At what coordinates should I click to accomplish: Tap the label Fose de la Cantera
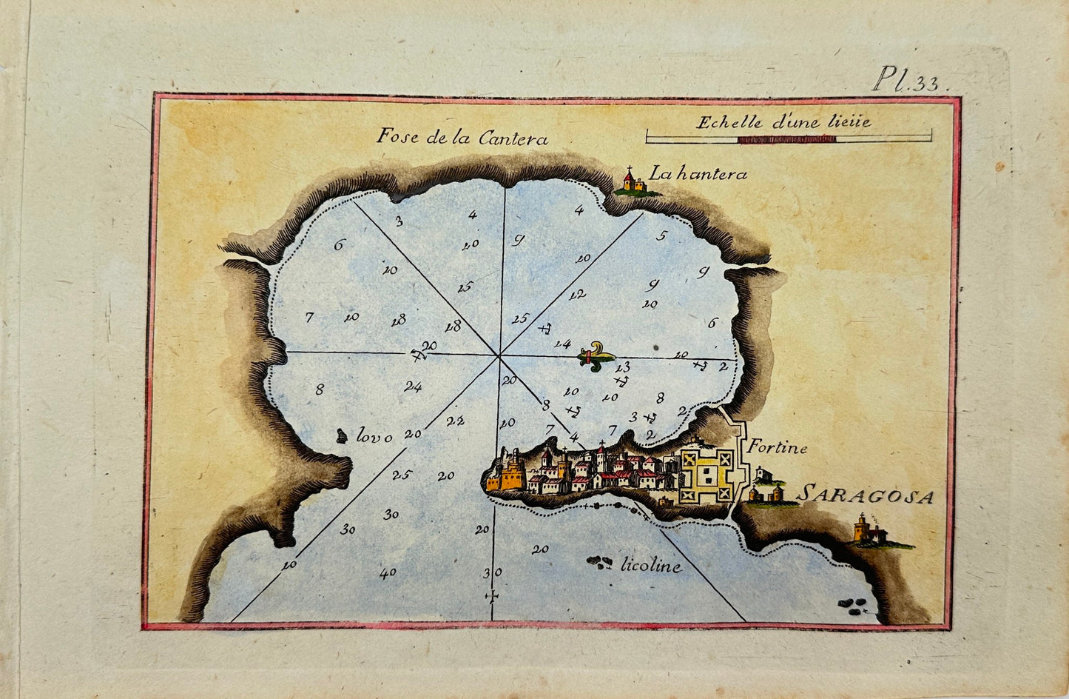click(462, 137)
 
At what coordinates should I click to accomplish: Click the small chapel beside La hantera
click(630, 181)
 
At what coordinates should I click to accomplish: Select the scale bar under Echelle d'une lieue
click(788, 138)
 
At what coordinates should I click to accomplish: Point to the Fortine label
click(776, 447)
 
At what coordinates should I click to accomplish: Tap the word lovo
click(374, 438)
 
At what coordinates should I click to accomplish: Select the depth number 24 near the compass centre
click(413, 386)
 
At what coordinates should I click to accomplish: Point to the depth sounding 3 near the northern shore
click(398, 221)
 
